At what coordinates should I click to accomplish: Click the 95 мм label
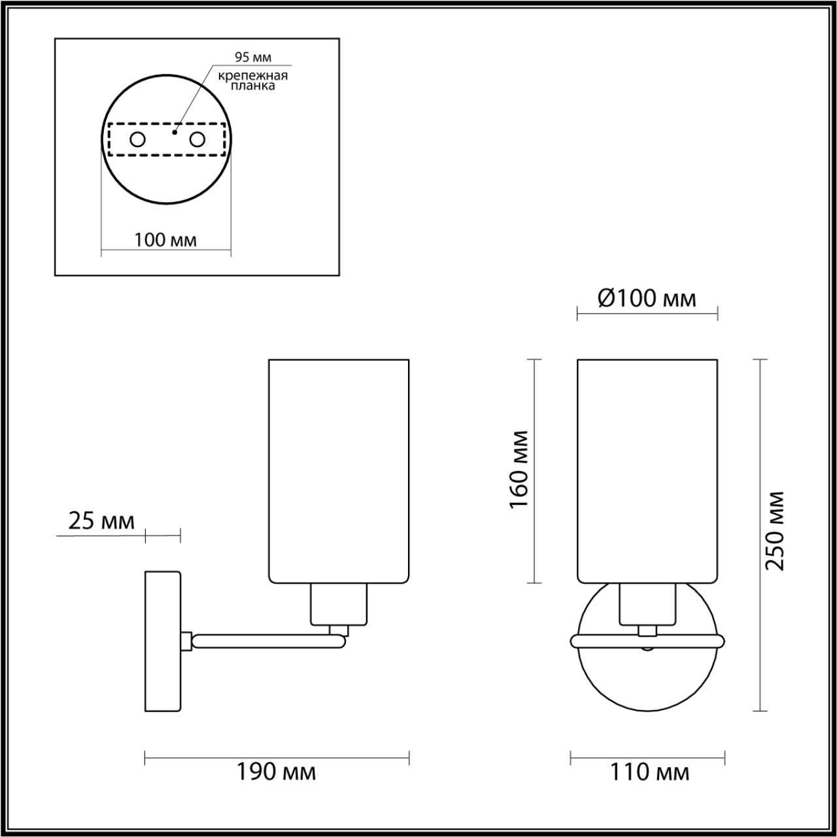pos(253,58)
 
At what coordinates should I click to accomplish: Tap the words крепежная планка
pos(253,80)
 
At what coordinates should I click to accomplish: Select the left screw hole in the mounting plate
pos(138,139)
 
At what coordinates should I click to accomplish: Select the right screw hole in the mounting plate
pos(197,139)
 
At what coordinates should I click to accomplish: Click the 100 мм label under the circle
pos(165,240)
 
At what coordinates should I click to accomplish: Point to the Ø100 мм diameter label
pos(647,299)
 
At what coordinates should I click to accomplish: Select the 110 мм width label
pos(649,773)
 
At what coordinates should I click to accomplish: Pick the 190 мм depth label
pos(276,772)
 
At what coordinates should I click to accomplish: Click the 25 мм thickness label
pos(101,521)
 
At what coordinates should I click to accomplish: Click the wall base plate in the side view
pos(162,641)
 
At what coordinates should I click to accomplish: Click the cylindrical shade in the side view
pos(339,470)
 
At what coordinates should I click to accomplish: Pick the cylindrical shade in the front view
pos(647,470)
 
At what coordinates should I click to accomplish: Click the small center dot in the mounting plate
pos(173,131)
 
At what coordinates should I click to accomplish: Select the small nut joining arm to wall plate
pos(186,640)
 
